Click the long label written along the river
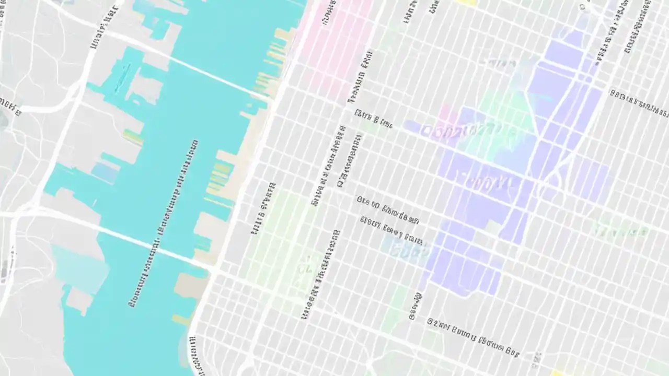162,225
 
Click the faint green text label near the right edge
619,230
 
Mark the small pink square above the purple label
445,113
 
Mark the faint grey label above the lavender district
499,64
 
